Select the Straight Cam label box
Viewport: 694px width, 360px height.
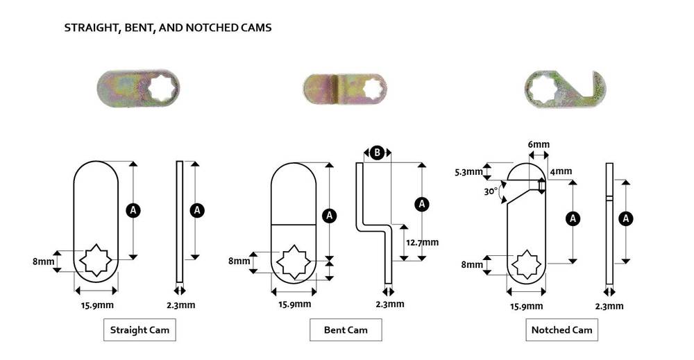[139, 329]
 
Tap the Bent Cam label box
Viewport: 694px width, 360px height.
[346, 329]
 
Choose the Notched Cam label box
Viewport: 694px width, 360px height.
[561, 330]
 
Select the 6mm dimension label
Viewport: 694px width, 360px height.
[539, 144]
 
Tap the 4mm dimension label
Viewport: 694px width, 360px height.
[561, 172]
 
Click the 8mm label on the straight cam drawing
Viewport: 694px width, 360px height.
[43, 262]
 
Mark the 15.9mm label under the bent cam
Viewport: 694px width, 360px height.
[294, 304]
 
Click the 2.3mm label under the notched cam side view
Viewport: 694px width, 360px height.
[609, 306]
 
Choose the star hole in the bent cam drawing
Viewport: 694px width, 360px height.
[292, 262]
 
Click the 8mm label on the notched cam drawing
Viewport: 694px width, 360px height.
[473, 264]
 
